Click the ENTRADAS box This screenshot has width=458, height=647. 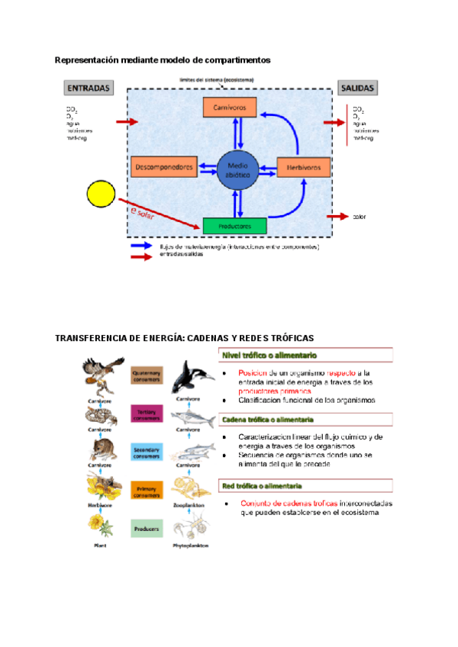[89, 88]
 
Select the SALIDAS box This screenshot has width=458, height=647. [359, 88]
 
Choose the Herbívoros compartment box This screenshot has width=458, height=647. [302, 166]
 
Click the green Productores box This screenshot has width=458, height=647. [234, 226]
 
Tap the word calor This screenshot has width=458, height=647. [360, 217]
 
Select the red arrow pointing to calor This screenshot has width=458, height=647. [338, 217]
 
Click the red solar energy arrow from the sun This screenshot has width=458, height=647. [164, 214]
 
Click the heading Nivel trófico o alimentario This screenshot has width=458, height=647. [269, 355]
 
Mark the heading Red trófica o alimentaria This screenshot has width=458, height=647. [263, 485]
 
